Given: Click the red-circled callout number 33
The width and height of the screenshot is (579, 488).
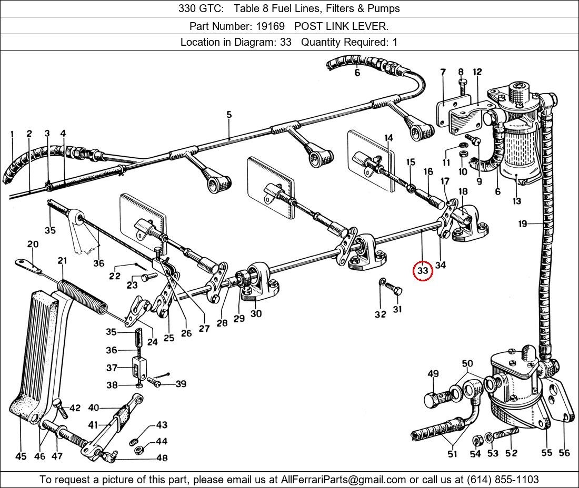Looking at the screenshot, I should (423, 270).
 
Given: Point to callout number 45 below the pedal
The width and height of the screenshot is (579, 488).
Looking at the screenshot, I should (21, 456).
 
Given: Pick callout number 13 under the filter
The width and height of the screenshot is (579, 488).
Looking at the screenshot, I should (516, 200).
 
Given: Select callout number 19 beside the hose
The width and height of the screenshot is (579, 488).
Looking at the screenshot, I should (522, 224).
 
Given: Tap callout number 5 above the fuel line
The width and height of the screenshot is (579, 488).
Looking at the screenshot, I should (229, 114).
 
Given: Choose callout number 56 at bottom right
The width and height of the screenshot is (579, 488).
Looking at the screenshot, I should (564, 453).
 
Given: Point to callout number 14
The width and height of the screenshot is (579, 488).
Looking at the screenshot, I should (388, 138).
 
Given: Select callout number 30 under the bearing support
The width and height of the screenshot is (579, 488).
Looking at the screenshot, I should (256, 313).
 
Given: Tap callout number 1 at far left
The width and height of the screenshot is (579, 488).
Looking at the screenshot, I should (12, 134).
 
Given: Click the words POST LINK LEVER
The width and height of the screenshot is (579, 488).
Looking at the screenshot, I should (341, 26).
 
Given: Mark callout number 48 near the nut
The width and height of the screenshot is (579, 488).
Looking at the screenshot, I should (162, 457).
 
